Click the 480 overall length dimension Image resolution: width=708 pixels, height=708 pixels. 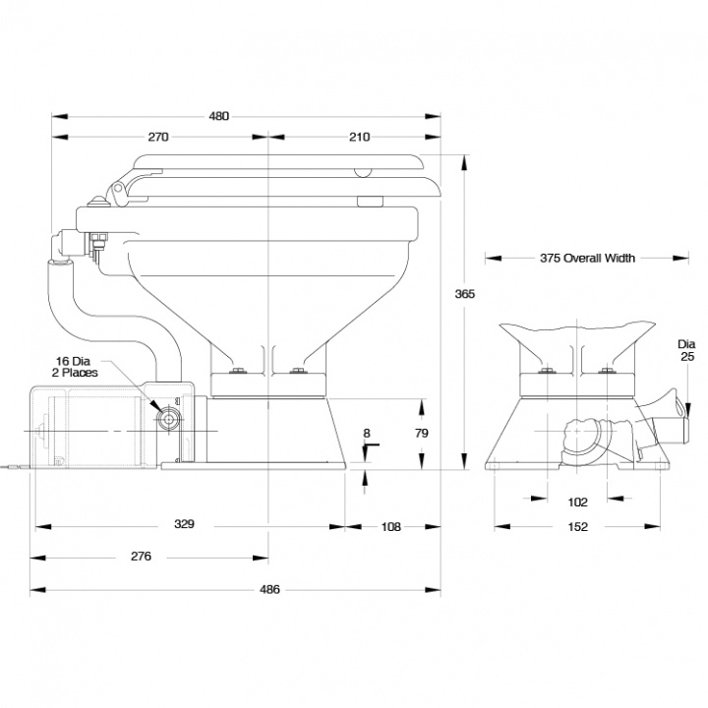218,116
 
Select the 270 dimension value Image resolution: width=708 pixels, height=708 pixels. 159,137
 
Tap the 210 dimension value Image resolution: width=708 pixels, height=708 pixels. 358,137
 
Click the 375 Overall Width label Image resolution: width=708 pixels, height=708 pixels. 587,259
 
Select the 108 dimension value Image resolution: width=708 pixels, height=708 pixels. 390,526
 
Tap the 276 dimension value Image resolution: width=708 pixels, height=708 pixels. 141,557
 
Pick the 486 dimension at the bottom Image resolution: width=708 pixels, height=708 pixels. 269,590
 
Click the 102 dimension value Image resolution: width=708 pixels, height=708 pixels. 578,501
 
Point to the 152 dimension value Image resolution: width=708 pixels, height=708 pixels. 578,527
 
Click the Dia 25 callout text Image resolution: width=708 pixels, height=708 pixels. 686,350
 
